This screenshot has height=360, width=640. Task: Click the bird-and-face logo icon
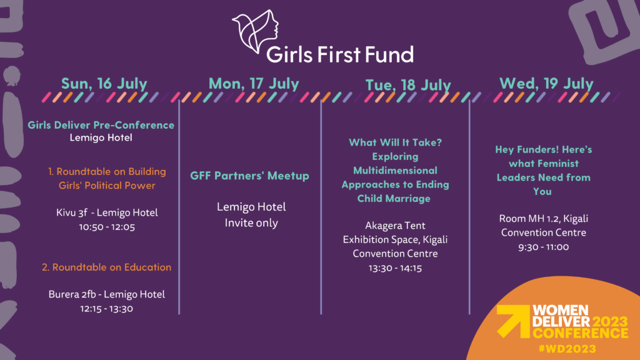[x=256, y=31]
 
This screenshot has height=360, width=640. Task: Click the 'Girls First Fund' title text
[x=340, y=54]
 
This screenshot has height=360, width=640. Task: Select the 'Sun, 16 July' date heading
[x=104, y=84]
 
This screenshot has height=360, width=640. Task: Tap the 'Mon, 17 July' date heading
[x=254, y=84]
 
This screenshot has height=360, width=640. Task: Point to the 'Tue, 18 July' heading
[x=408, y=85]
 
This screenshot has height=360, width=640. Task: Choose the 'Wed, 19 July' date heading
[x=546, y=84]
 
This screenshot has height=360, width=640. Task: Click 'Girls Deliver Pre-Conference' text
[x=101, y=125]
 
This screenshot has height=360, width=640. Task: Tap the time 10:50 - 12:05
[x=107, y=227]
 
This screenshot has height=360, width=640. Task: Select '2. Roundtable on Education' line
[x=106, y=267]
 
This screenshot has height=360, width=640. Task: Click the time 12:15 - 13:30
[x=106, y=309]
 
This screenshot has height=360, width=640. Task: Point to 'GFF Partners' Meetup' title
[x=250, y=176]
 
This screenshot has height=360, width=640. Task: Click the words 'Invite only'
[x=251, y=223]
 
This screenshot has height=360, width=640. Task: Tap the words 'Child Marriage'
[x=394, y=198]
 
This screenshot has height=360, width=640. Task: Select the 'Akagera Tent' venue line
[x=395, y=226]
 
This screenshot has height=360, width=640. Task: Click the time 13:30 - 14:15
[x=395, y=268]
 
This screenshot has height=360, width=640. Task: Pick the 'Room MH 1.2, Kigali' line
[x=544, y=219]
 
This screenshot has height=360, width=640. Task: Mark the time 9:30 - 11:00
[x=544, y=247]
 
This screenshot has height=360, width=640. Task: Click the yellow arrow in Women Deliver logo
[x=513, y=321]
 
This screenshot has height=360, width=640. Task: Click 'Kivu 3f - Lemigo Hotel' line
[x=107, y=212]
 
